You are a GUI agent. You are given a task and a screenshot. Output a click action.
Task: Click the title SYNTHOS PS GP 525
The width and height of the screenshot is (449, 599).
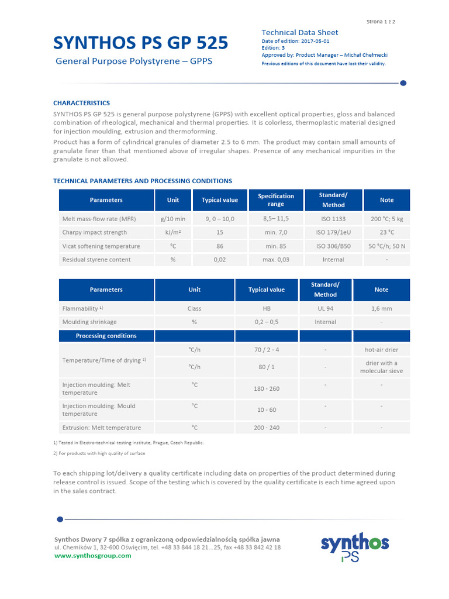click(x=141, y=42)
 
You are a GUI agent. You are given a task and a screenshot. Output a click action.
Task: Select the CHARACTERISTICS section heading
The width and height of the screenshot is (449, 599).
click(x=81, y=103)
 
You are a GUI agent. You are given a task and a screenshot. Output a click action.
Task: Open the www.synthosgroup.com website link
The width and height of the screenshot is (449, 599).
click(x=92, y=556)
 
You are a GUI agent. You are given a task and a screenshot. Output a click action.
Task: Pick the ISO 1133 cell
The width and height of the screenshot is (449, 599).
click(x=333, y=219)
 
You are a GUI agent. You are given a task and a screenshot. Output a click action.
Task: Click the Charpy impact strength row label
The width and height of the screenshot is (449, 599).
click(x=94, y=232)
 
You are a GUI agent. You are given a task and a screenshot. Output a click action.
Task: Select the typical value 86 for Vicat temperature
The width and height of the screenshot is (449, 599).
click(x=220, y=246)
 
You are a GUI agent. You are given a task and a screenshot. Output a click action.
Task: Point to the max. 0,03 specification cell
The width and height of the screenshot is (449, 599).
click(x=276, y=260)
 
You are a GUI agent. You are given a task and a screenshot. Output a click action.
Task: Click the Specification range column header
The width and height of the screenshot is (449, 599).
click(x=276, y=200)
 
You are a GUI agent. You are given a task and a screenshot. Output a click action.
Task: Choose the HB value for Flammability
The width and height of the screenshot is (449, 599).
click(x=267, y=308)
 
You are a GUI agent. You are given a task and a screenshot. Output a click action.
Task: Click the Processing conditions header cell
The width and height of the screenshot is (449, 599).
click(x=106, y=336)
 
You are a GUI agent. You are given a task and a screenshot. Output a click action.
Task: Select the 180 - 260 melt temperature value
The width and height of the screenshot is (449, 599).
click(x=267, y=388)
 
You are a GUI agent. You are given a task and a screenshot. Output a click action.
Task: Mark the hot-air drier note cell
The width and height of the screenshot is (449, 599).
click(x=381, y=350)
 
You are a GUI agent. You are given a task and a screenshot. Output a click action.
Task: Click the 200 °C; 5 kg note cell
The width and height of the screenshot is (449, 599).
click(x=386, y=219)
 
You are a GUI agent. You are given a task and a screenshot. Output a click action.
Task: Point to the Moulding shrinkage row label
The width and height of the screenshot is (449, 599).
click(x=89, y=322)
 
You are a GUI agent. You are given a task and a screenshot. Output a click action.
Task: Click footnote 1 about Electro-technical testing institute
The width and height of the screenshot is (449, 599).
click(x=129, y=443)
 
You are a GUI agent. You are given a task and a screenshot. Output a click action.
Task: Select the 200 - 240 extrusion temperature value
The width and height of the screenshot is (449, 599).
click(x=267, y=428)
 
